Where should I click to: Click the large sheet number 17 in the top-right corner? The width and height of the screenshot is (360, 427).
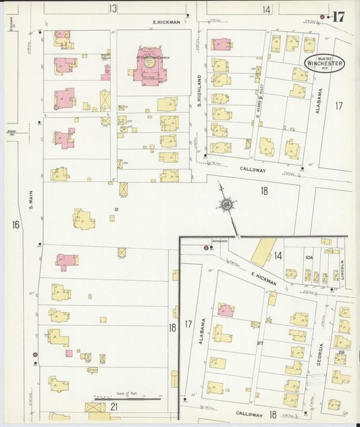[338, 17]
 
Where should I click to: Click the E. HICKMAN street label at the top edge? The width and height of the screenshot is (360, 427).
[166, 22]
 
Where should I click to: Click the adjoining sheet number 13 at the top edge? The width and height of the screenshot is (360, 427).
[112, 9]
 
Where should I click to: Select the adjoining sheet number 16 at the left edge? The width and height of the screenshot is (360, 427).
[16, 223]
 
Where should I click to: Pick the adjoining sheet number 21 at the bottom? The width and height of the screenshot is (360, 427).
[114, 406]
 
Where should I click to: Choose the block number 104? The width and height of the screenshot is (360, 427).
[309, 257]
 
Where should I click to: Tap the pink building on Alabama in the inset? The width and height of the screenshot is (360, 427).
[226, 310]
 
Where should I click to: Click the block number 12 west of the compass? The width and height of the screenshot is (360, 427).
[116, 209]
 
